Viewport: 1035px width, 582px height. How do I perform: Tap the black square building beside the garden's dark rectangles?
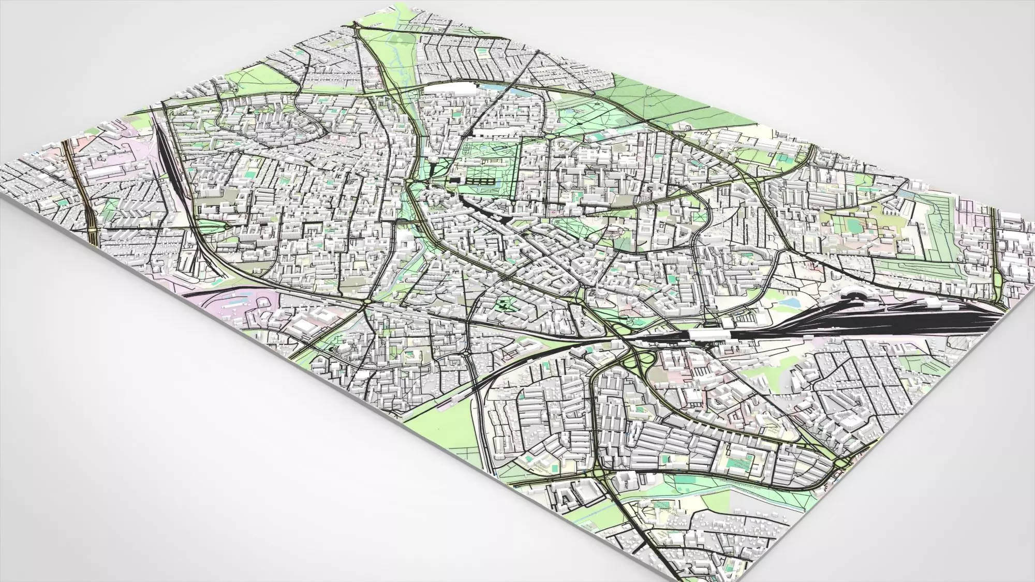(x=455, y=180)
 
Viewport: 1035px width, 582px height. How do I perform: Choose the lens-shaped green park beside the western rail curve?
(x=211, y=226)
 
